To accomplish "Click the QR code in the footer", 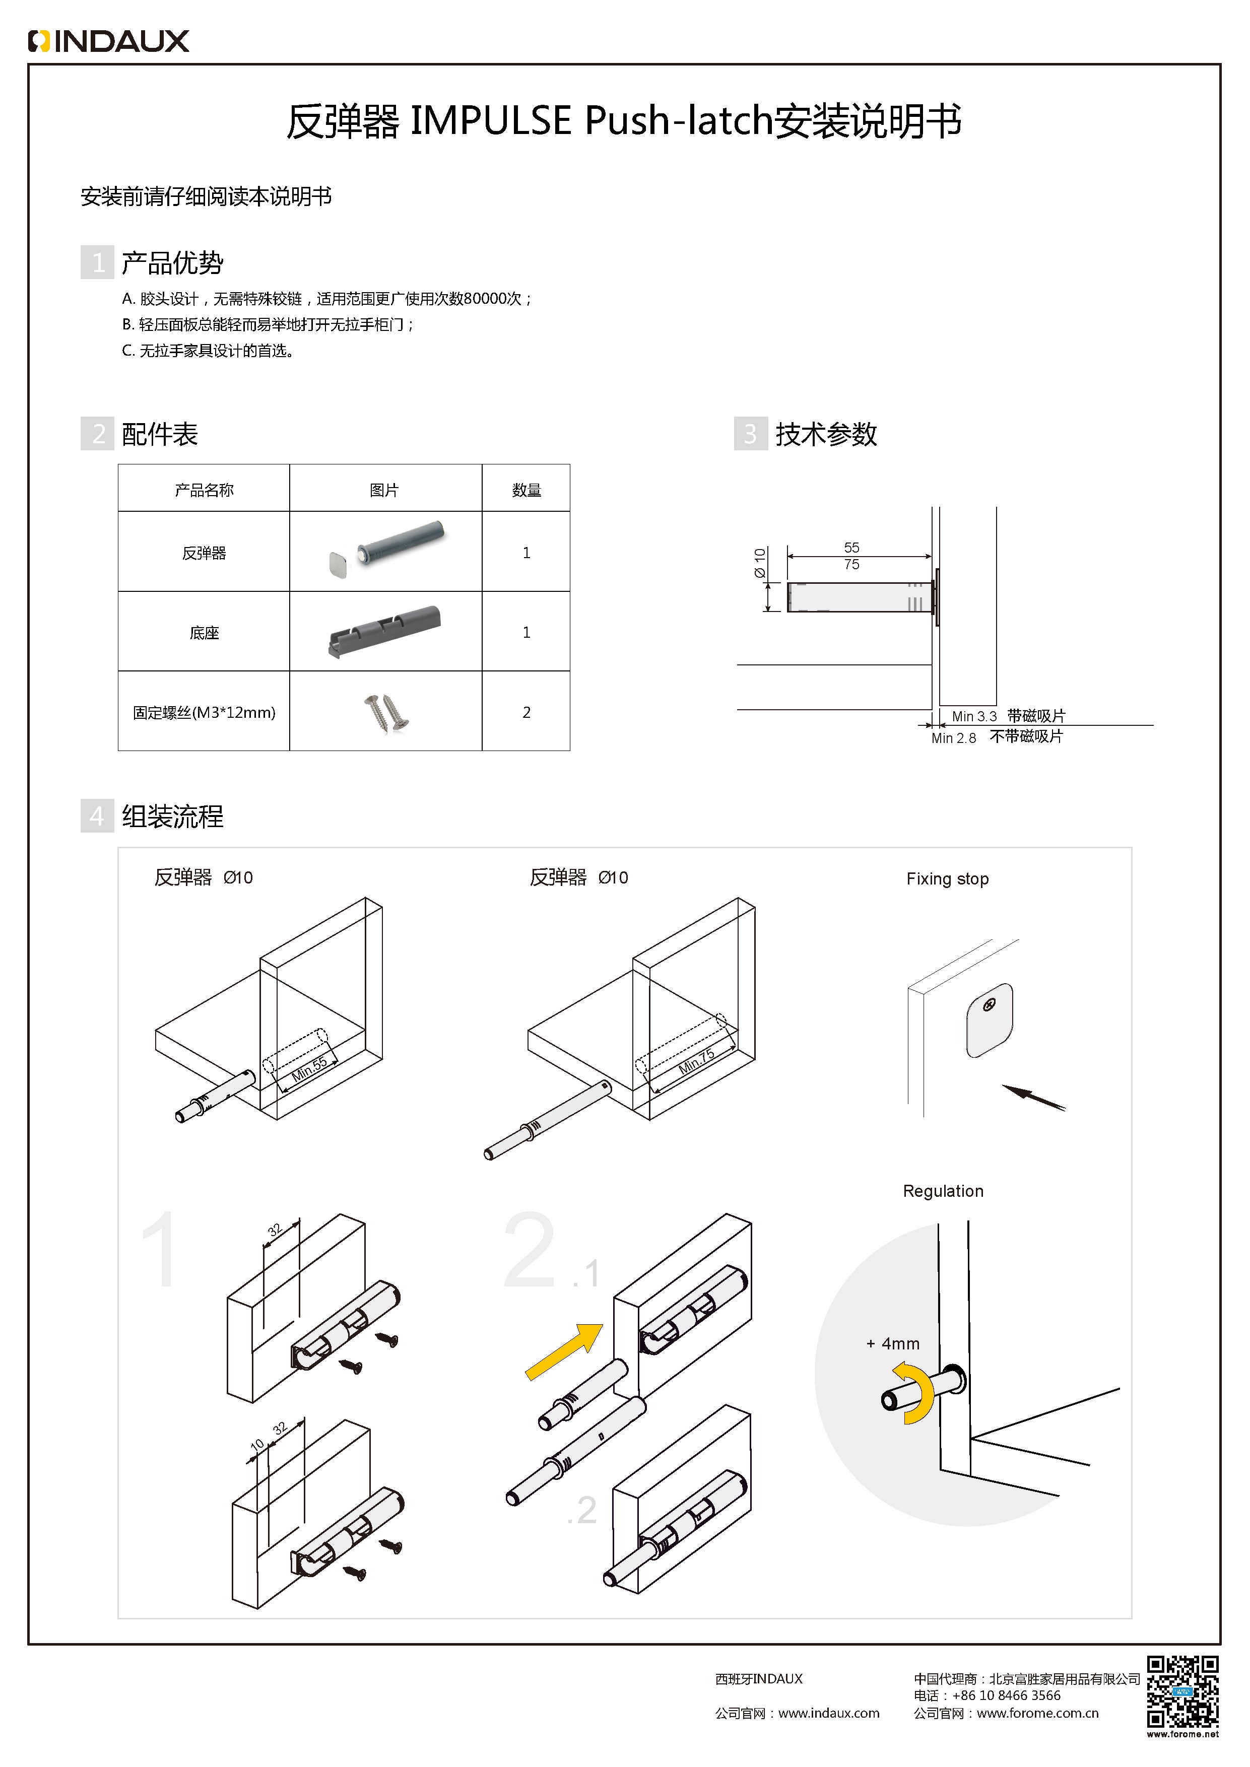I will (1182, 1691).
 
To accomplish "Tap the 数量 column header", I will (527, 490).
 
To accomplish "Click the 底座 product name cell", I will (204, 633).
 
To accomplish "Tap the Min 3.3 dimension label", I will (974, 716).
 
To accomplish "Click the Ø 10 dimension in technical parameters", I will (760, 563).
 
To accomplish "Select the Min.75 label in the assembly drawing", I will (697, 1061).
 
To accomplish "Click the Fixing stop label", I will (947, 879).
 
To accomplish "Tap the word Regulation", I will (943, 1191).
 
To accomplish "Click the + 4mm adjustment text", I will (893, 1344).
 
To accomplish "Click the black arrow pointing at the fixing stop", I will (1033, 1098).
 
